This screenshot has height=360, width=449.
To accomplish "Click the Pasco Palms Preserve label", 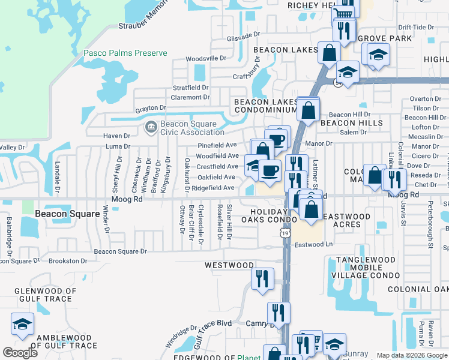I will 125,53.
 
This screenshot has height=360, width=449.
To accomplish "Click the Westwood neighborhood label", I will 229,265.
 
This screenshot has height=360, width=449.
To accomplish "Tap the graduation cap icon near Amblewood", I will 22,325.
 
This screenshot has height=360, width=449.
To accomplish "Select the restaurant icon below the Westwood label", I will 262,278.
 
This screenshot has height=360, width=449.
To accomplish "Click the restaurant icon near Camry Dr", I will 279,313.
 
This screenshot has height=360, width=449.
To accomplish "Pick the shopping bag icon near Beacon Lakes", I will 329,53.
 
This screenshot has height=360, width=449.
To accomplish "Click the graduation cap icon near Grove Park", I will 378,56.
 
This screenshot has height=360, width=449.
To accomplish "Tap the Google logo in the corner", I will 20,353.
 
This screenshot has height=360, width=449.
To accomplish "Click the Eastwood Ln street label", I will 313,245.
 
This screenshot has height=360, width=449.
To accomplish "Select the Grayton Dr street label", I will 150,109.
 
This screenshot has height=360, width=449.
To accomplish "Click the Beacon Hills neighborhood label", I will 351,123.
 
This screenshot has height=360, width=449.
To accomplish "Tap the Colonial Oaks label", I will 418,289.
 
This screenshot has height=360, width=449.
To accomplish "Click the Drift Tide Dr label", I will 415,27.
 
